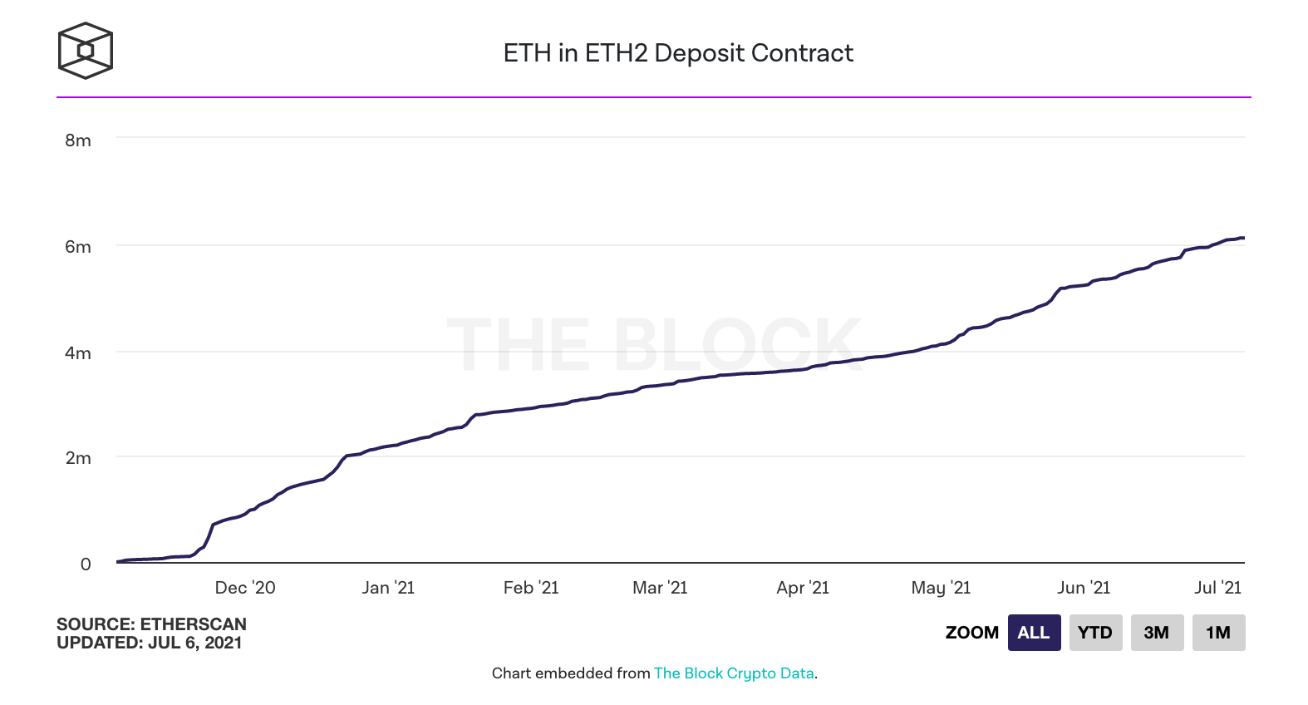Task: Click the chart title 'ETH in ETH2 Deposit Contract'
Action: [678, 53]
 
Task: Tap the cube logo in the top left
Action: [86, 50]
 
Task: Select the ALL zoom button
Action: [1034, 633]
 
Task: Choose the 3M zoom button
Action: [1157, 633]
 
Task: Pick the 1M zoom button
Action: [1218, 633]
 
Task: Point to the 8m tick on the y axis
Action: [78, 141]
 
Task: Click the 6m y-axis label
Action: [78, 246]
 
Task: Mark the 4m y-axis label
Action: [78, 352]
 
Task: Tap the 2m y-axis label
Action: [78, 458]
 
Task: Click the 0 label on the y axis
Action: [86, 564]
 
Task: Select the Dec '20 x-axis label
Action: [245, 588]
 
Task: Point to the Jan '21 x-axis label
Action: [388, 588]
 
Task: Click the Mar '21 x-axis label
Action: [661, 588]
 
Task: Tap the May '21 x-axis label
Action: [941, 588]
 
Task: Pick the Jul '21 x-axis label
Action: [1218, 588]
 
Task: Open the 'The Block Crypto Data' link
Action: [734, 673]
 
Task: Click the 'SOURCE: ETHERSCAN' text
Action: [152, 624]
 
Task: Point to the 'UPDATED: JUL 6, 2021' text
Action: [150, 643]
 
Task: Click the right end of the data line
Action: [1244, 238]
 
